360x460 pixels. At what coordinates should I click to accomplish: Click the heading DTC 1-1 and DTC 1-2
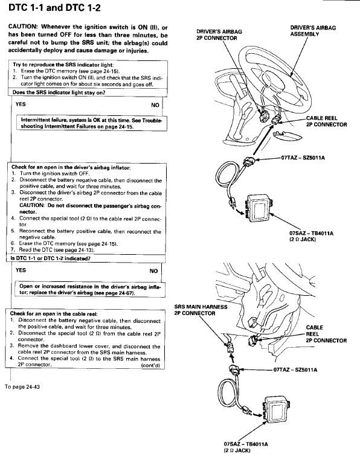pos(54,7)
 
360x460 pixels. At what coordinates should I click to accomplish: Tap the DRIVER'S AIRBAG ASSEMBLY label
pos(313,31)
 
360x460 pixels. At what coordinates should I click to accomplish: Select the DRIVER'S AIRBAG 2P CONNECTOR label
pos(219,34)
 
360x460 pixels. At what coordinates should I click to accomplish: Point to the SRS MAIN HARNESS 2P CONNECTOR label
pos(201,310)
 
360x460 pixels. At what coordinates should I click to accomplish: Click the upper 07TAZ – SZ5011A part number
pos(303,158)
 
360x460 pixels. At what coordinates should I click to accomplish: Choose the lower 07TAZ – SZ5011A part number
pos(295,369)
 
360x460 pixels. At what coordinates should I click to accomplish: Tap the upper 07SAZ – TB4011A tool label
pos(311,236)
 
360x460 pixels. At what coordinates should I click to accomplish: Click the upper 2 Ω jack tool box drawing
pos(259,208)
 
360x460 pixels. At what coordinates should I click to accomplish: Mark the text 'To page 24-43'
pos(22,387)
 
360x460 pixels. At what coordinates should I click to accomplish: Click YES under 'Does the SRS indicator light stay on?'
pos(21,104)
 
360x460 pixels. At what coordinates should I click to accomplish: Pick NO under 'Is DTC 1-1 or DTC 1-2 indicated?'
pos(153,271)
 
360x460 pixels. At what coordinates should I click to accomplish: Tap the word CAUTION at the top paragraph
pos(22,27)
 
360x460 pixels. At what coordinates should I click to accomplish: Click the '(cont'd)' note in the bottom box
pos(150,365)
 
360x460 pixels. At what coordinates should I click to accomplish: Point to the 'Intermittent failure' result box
pos(92,123)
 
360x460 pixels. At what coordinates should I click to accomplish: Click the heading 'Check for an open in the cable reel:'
pos(54,314)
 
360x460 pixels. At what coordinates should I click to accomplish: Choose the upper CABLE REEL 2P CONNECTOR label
pos(326,121)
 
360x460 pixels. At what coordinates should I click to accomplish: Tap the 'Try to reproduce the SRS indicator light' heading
pos(63,65)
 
